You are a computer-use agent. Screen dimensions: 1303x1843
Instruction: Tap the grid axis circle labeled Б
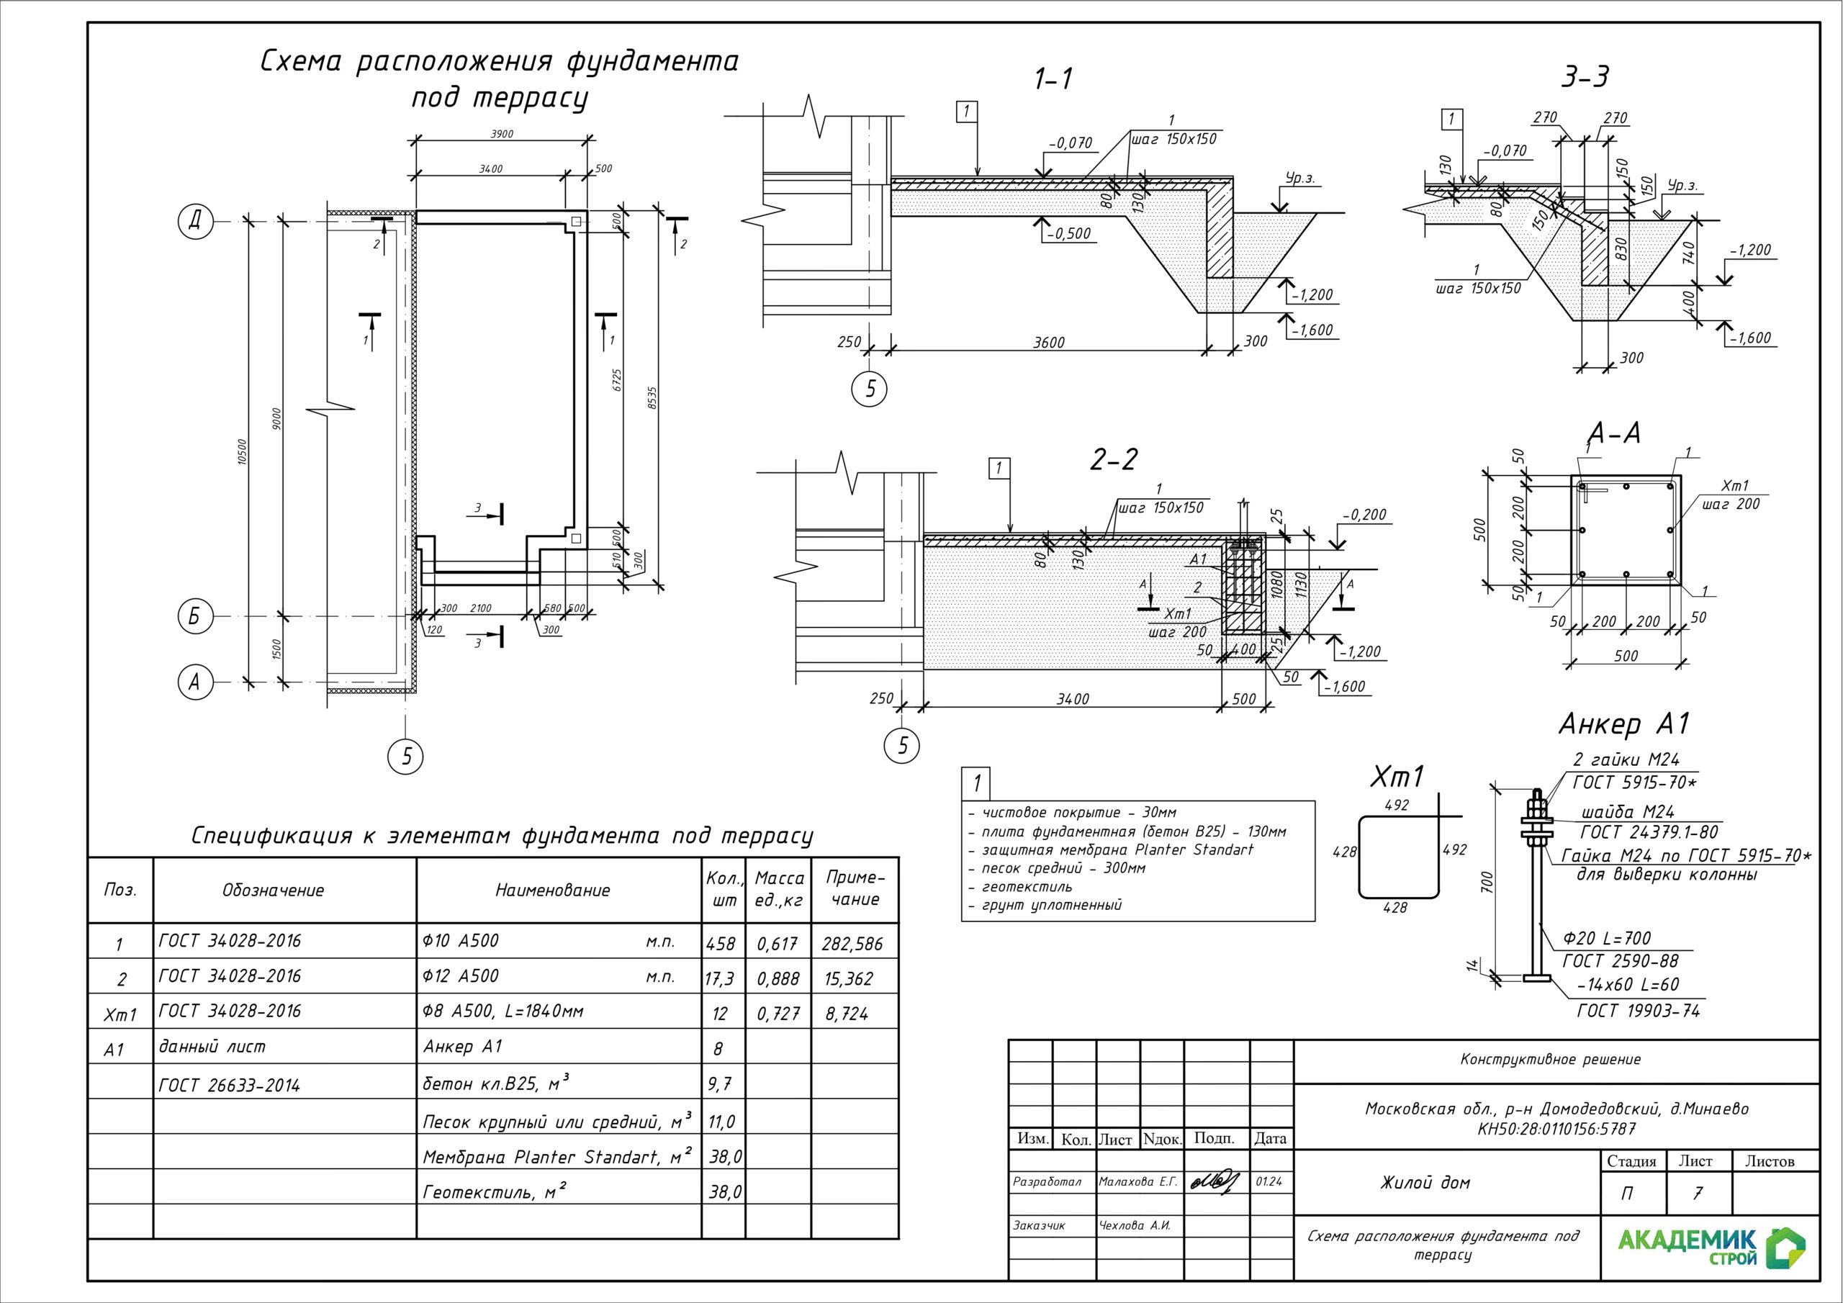click(194, 616)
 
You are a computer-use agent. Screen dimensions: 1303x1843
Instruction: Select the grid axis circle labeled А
click(194, 682)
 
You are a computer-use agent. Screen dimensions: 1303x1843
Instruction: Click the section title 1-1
click(1053, 79)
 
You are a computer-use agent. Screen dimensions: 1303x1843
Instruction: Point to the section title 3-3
click(1585, 78)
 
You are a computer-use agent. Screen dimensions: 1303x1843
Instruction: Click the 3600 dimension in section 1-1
click(1048, 343)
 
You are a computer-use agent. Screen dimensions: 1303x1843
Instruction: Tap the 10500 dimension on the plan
click(243, 451)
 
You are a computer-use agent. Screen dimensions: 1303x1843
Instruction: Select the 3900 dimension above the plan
click(502, 134)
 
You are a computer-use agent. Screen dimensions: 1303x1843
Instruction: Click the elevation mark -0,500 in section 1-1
click(1069, 234)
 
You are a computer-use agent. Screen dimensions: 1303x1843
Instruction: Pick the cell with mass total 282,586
click(852, 944)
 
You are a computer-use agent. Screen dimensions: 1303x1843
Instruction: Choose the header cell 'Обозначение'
click(273, 891)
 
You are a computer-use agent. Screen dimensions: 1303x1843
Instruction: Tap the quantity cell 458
click(721, 944)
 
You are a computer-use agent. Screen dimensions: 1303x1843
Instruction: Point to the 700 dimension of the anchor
click(1487, 883)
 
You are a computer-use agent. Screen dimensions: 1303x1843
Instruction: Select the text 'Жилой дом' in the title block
click(1425, 1183)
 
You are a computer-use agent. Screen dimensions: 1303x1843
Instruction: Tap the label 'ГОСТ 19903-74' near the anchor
click(1639, 1011)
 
